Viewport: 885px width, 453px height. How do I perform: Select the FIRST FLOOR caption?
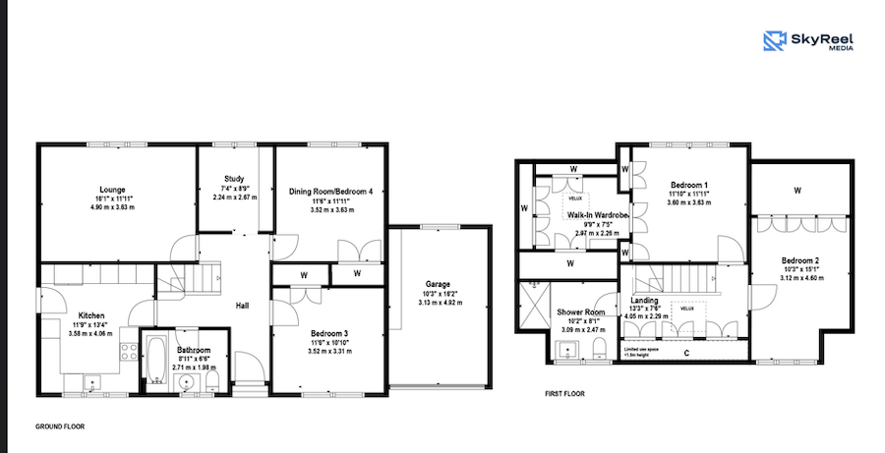tap(566, 394)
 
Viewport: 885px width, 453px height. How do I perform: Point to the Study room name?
tap(234, 178)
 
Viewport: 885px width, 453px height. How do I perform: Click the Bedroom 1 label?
tap(689, 184)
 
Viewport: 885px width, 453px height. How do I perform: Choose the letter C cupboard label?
tap(685, 351)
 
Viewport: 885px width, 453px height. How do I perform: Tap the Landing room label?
tap(645, 301)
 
